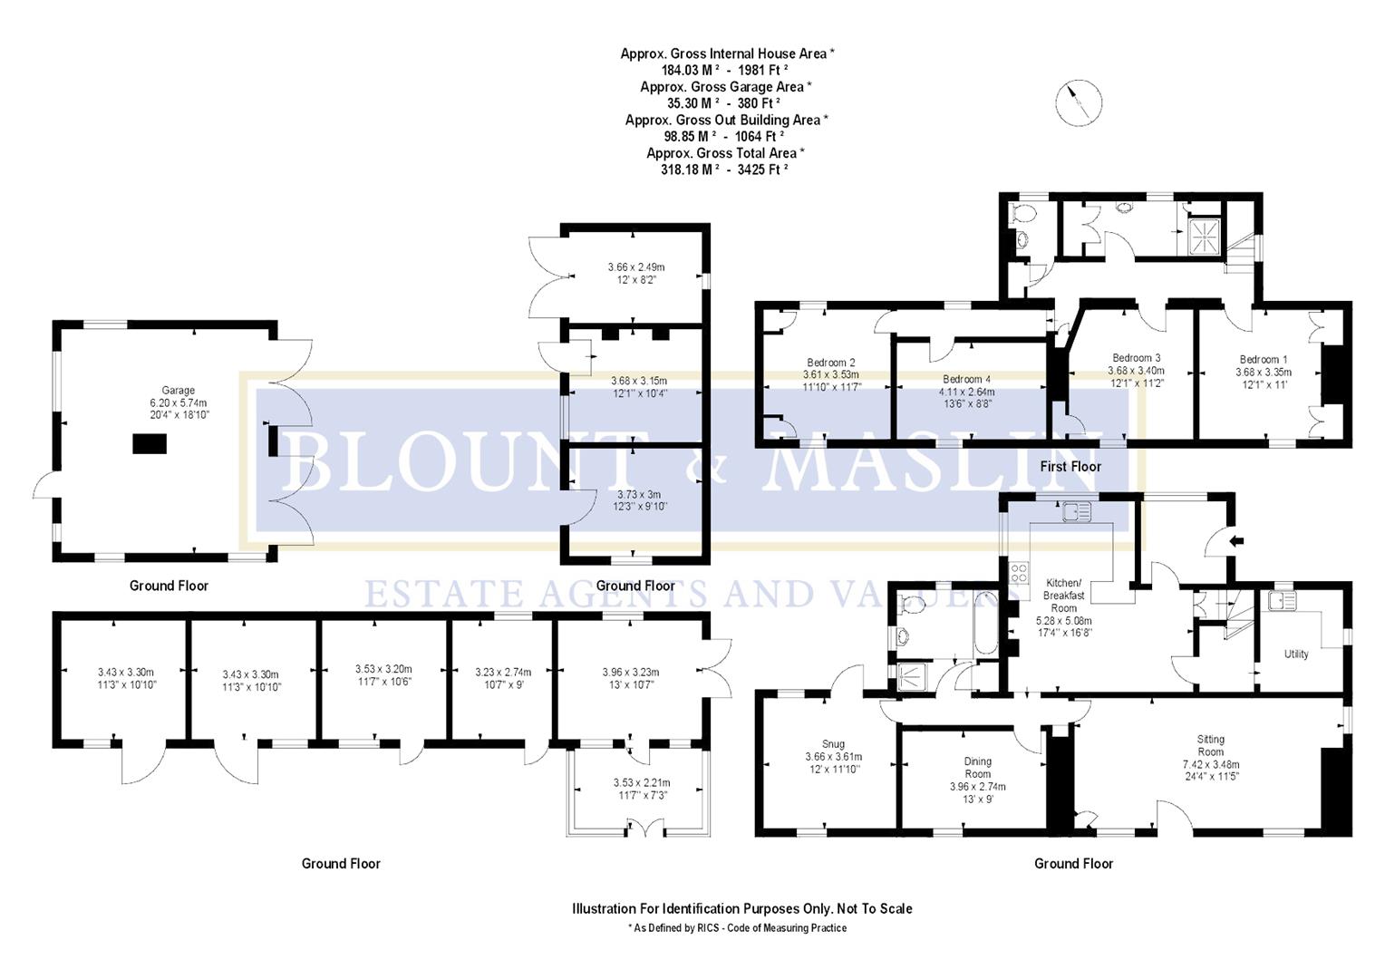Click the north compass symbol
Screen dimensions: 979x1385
pos(1079,102)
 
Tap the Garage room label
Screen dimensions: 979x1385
pos(179,391)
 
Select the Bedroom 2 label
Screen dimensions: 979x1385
pos(831,363)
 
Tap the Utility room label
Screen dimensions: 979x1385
pos(1296,654)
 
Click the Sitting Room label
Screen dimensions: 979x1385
pos(1210,745)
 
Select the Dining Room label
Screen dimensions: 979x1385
pos(977,768)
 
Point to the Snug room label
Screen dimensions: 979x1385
pos(833,743)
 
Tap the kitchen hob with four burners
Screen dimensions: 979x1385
pos(1019,573)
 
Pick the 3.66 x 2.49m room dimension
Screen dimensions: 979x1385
pos(635,267)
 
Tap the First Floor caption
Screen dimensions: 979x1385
pos(1070,466)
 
